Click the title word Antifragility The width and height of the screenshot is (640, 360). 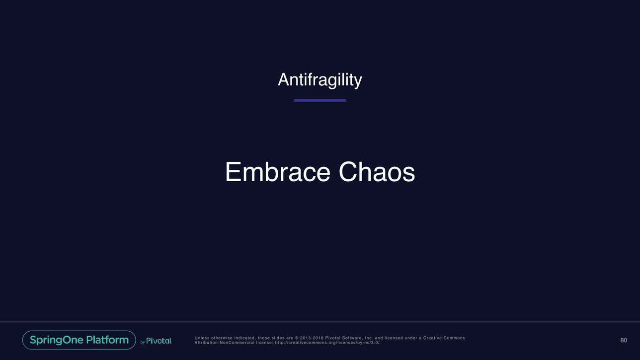point(320,80)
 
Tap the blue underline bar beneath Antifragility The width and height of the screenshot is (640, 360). point(320,100)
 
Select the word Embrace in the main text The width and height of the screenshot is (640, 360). point(278,172)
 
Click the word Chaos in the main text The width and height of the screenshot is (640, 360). point(377,172)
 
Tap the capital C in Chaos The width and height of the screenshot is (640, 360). point(348,172)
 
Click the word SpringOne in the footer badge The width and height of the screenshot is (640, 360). point(56,340)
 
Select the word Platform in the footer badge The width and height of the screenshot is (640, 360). point(107,340)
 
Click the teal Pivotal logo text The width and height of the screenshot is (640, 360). point(159,341)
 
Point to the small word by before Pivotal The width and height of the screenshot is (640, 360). point(143,342)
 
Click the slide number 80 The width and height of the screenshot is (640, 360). point(624,340)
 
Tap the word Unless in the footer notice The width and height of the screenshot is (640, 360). point(202,338)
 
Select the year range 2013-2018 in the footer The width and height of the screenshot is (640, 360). point(312,338)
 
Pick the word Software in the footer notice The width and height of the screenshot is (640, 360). point(352,338)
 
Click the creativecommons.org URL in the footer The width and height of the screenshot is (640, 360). point(327,343)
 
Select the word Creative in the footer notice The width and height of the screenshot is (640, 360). point(432,338)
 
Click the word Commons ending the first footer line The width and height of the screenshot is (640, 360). point(454,338)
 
